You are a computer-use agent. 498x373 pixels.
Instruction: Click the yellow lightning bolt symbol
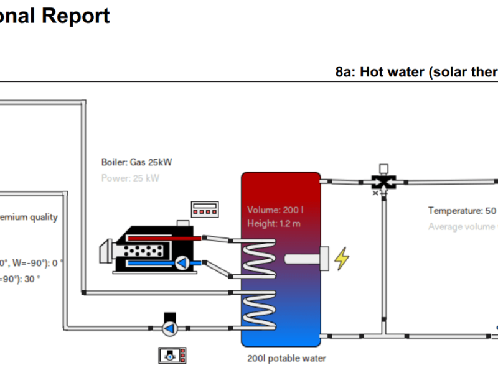coord(342,259)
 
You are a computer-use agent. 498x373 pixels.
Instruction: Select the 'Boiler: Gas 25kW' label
coord(136,163)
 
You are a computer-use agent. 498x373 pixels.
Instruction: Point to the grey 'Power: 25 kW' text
coord(130,178)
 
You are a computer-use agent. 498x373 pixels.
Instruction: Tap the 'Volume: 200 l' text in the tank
coord(275,210)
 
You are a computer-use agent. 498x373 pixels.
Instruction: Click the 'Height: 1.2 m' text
coord(274,224)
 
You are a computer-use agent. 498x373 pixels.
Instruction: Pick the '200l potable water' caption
coord(286,359)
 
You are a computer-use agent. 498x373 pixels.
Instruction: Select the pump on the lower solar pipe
coord(169,328)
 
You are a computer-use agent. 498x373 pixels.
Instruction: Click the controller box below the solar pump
coord(172,356)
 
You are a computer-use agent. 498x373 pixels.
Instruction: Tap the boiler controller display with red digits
coord(204,210)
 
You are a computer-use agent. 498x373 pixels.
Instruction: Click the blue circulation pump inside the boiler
coord(182,263)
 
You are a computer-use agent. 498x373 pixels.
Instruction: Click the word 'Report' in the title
coord(76,16)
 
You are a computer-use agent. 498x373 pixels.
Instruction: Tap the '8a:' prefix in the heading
coord(345,72)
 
